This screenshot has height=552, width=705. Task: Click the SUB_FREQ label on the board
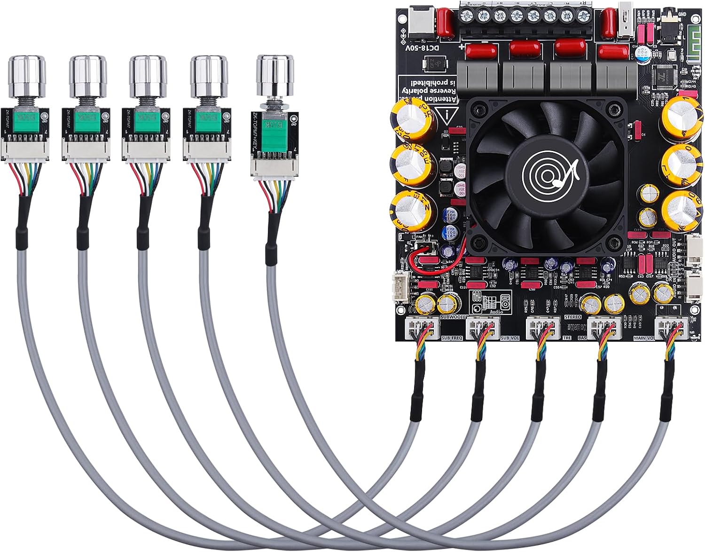pyautogui.click(x=452, y=338)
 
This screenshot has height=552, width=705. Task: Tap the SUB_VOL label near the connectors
pyautogui.click(x=510, y=338)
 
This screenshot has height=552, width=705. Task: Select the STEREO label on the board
pyautogui.click(x=573, y=317)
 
